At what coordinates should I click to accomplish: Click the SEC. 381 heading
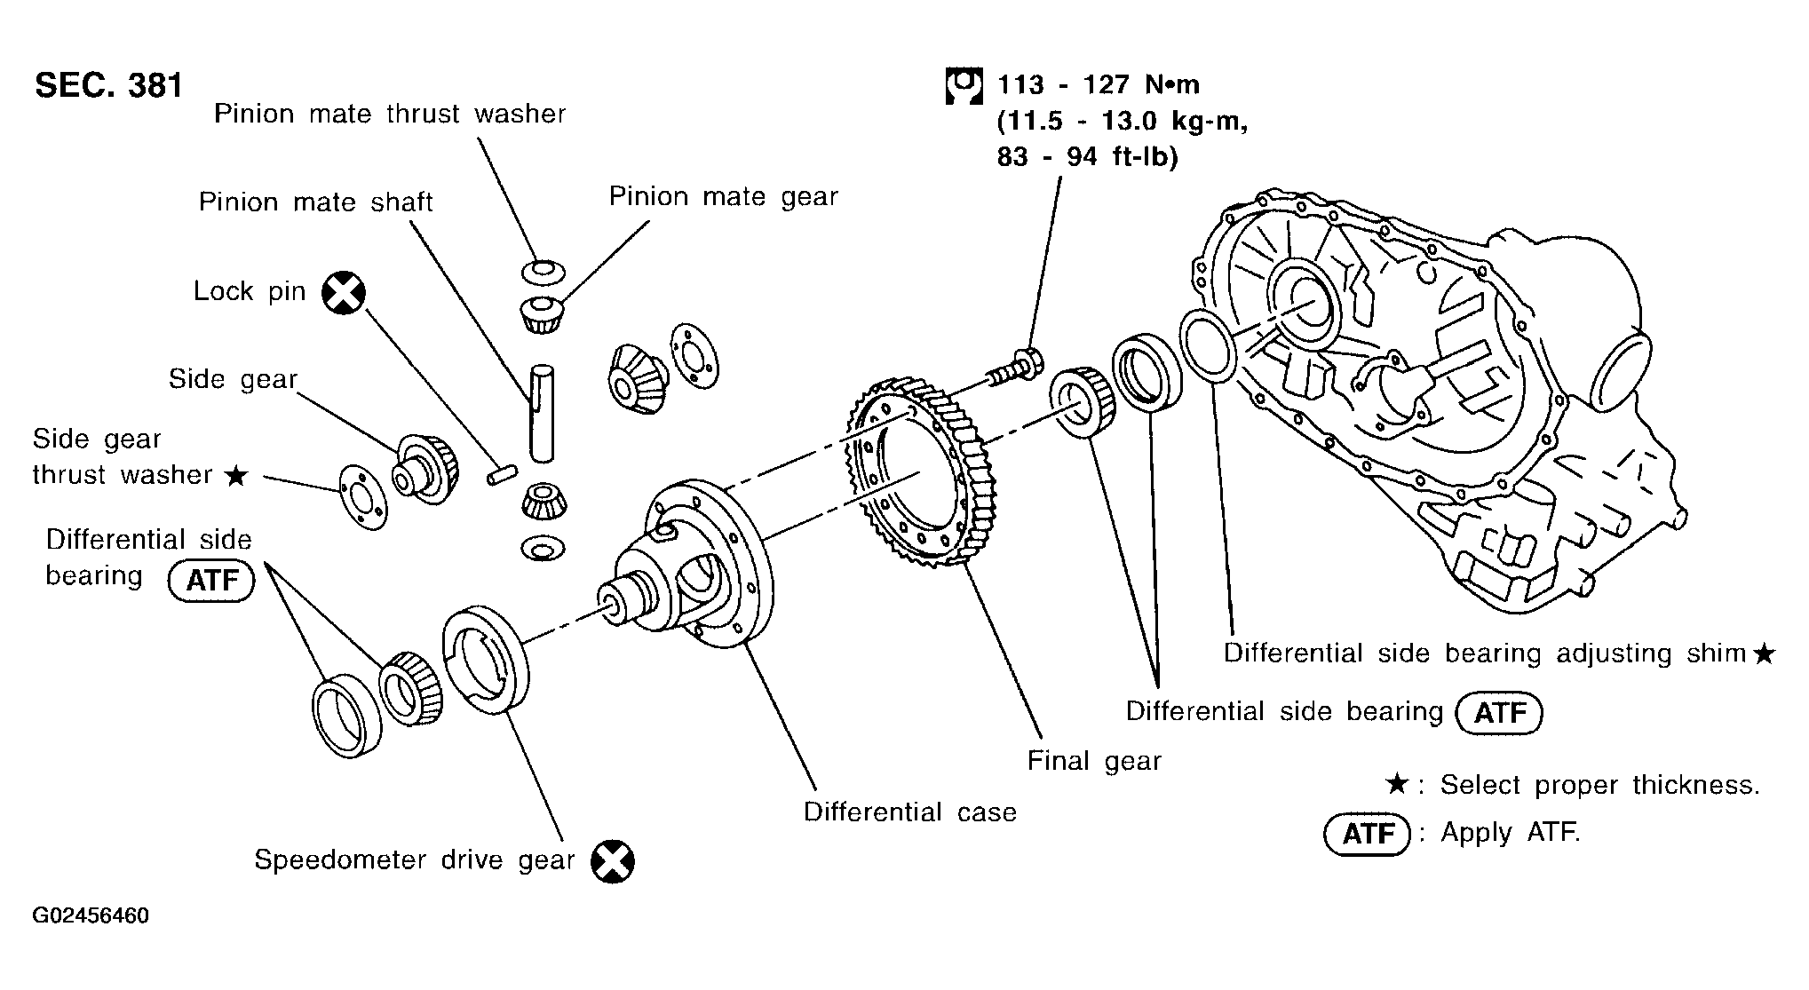(108, 85)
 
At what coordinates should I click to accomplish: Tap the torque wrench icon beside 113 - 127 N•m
(964, 86)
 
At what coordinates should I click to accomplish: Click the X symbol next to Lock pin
(344, 293)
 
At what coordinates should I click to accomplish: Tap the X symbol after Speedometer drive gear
(613, 860)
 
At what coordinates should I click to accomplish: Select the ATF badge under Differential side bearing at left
(211, 581)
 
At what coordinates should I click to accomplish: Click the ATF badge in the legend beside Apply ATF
(1367, 835)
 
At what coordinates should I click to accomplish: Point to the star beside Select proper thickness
(1396, 785)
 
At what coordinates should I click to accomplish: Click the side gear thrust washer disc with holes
(364, 497)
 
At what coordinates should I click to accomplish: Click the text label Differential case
(909, 812)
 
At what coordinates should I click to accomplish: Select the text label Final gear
(1094, 761)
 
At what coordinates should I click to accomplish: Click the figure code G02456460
(91, 915)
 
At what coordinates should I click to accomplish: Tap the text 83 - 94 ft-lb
(1087, 157)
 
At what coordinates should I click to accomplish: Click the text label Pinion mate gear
(723, 197)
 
